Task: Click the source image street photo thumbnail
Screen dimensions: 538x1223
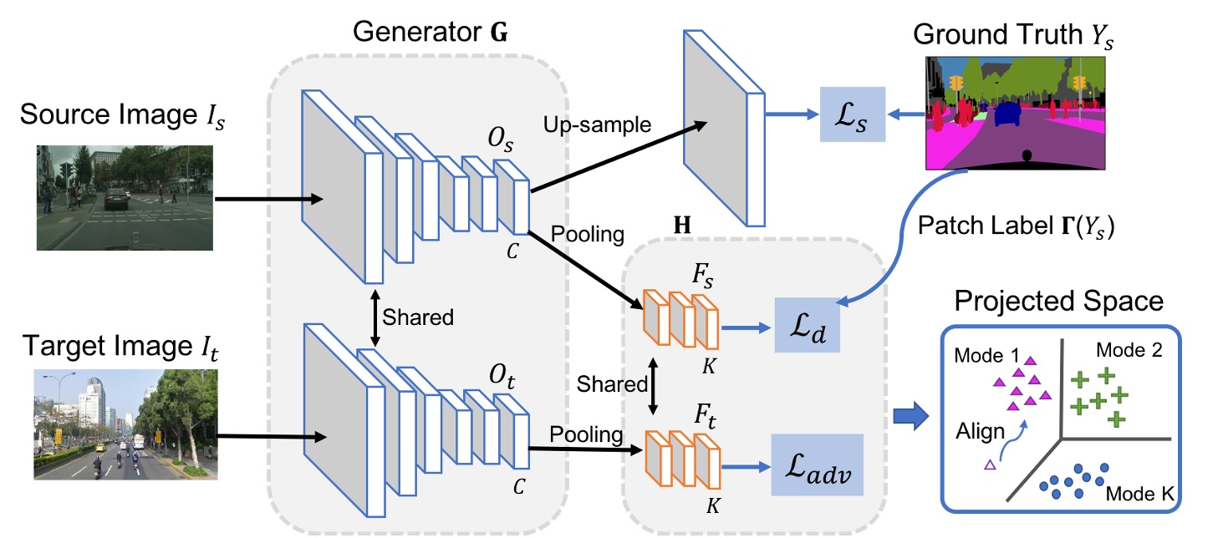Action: tap(125, 198)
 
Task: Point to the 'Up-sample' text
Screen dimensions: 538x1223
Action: tap(598, 126)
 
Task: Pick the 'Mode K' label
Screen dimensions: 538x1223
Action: tap(1142, 495)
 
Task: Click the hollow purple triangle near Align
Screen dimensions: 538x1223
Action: tap(990, 464)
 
